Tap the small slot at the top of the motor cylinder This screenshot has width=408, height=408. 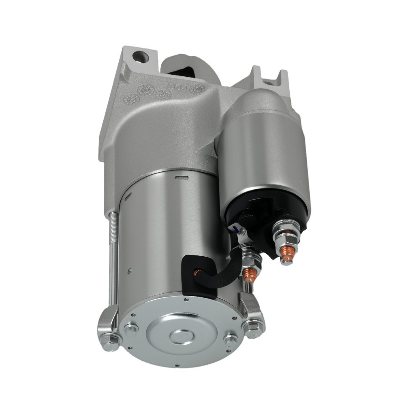click(180, 177)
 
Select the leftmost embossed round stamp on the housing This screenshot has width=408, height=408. click(131, 99)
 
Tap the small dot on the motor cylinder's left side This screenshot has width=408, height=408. click(129, 270)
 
